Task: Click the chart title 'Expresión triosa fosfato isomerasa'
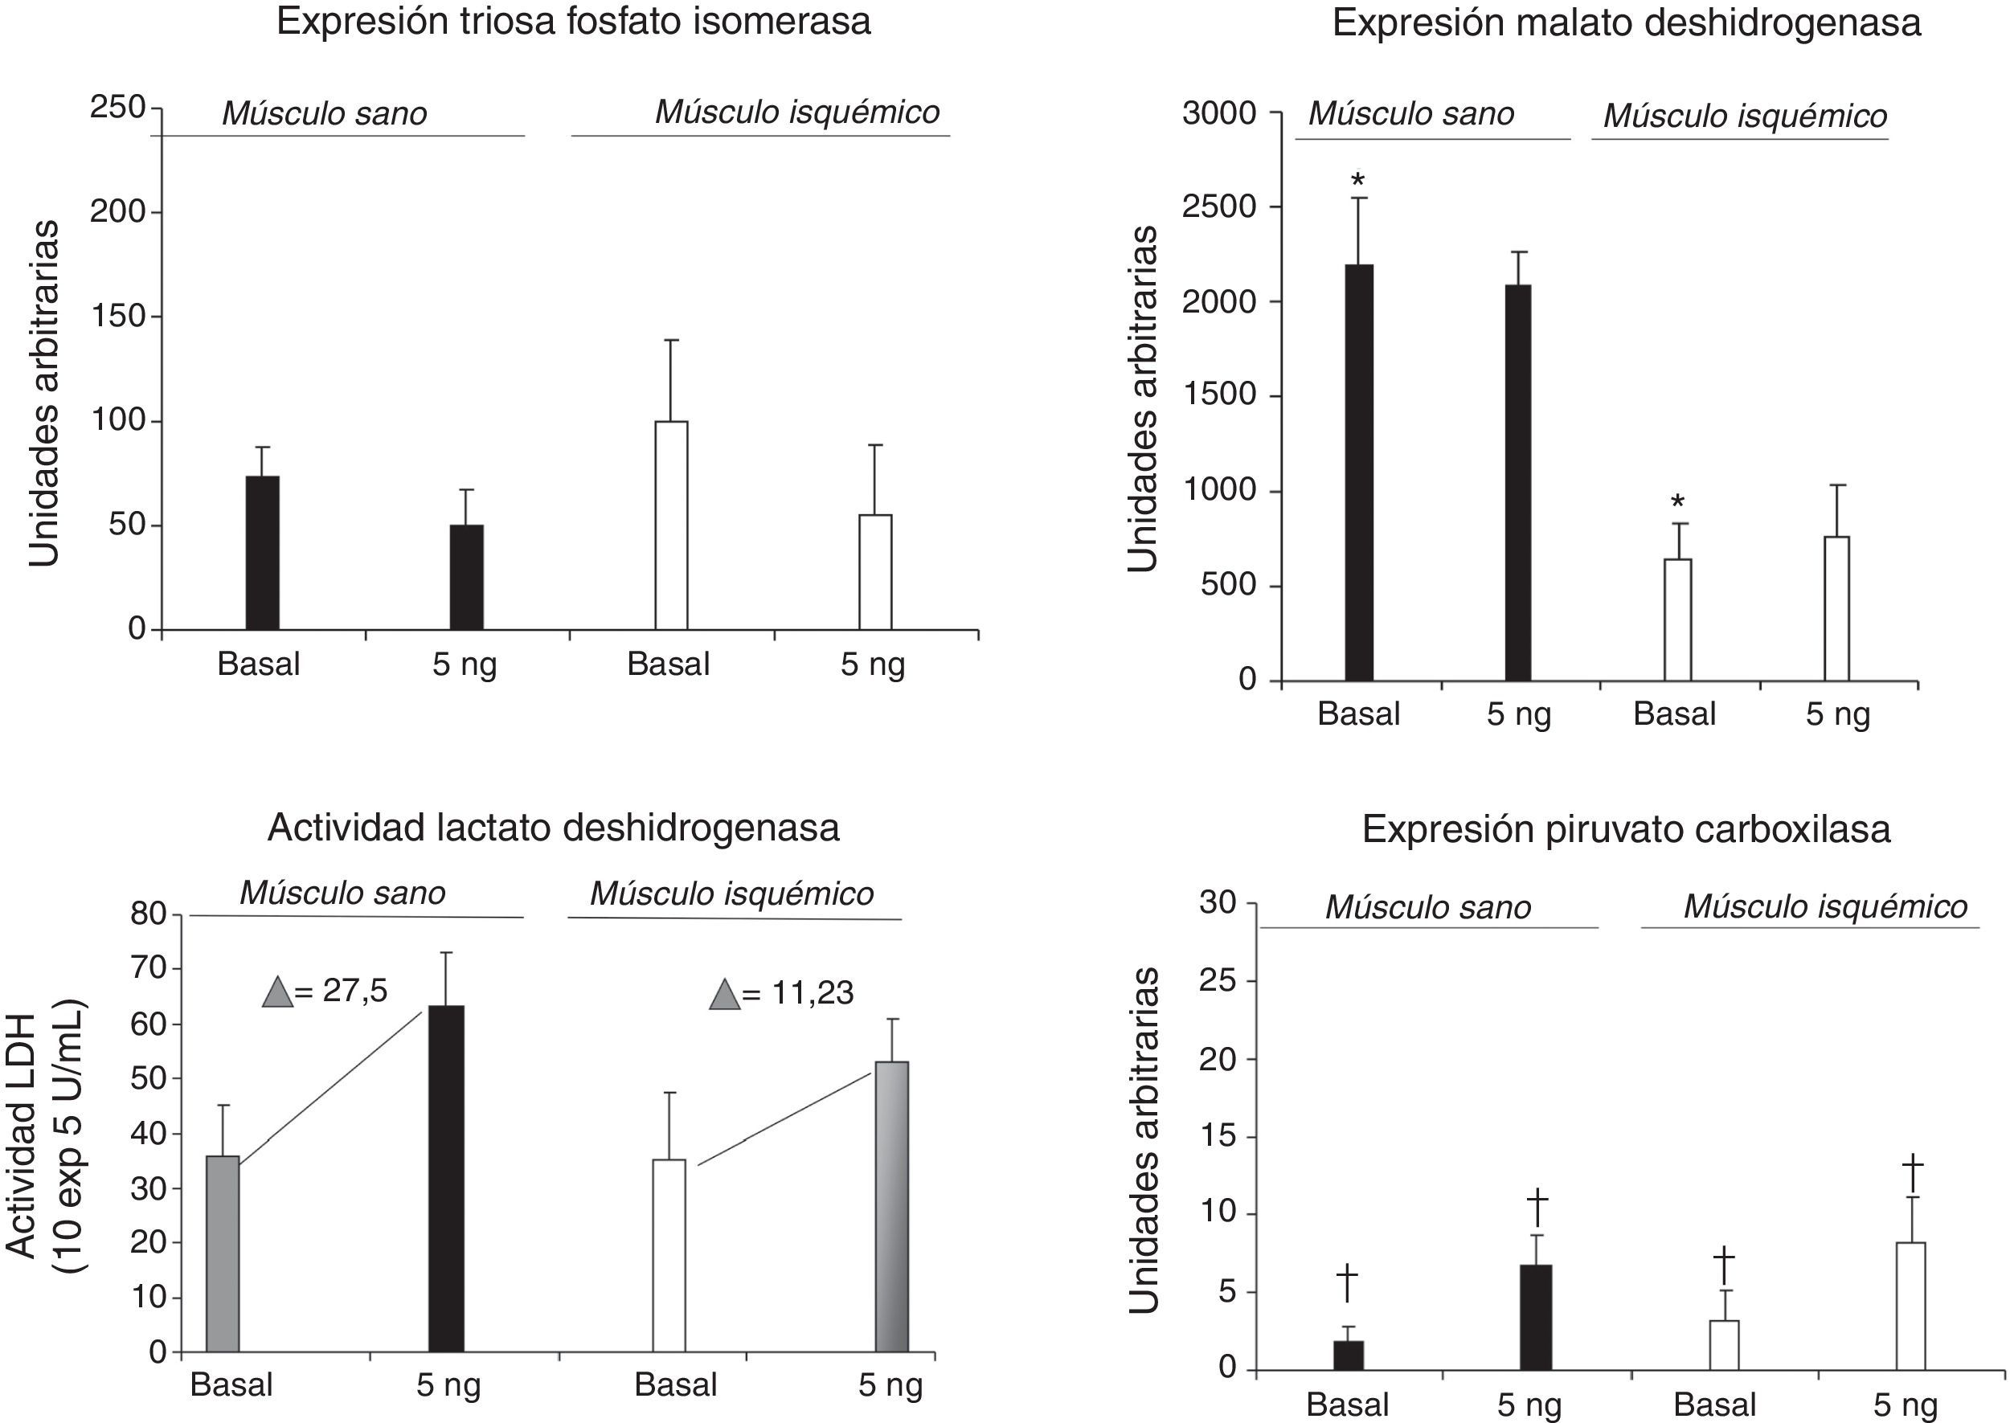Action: click(x=573, y=22)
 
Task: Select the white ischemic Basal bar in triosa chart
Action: click(x=671, y=525)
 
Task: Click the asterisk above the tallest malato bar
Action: click(x=1358, y=182)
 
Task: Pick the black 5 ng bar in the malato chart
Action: click(x=1518, y=482)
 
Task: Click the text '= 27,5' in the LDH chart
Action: click(x=341, y=991)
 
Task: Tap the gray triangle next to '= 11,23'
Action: click(x=725, y=995)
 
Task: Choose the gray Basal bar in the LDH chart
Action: click(x=223, y=1253)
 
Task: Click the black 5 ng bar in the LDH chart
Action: click(x=446, y=1179)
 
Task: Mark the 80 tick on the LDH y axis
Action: click(x=148, y=914)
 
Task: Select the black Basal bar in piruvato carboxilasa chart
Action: click(x=1348, y=1355)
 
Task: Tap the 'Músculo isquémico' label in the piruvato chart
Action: click(x=1825, y=907)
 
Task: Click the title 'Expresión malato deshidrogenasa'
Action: click(x=1626, y=22)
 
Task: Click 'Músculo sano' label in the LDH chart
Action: click(x=342, y=893)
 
